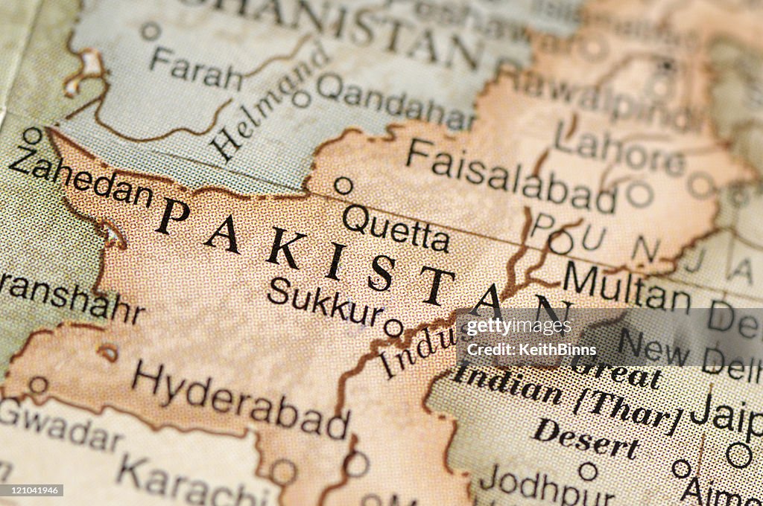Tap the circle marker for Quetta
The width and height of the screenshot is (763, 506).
click(343, 185)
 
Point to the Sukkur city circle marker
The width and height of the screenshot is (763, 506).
click(393, 327)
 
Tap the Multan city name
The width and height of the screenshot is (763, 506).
click(626, 286)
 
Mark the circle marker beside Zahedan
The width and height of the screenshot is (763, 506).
click(32, 135)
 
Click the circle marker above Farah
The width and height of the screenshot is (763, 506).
click(151, 31)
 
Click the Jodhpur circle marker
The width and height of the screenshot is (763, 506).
click(588, 471)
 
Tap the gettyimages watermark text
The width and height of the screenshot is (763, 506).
click(519, 326)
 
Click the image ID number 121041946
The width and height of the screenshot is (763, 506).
click(32, 490)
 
